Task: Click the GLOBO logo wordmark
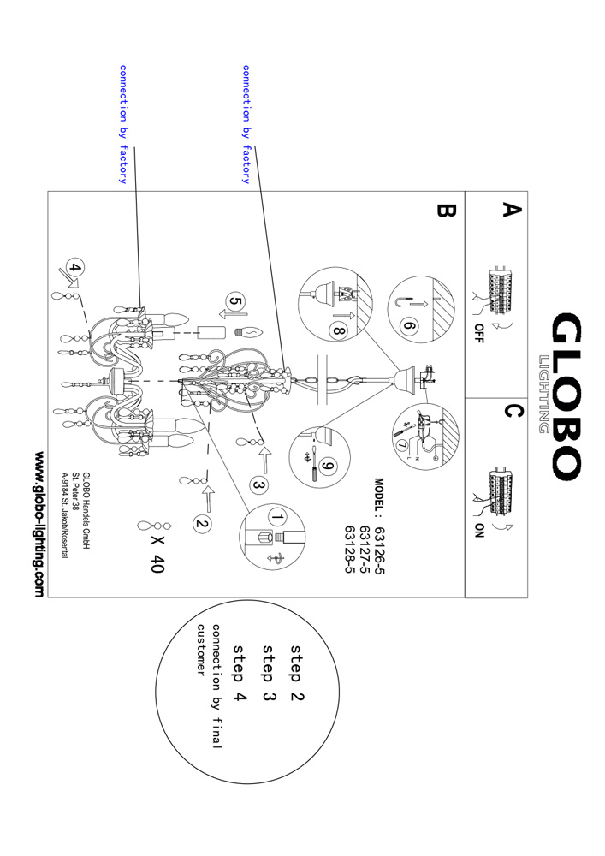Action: [x=565, y=395]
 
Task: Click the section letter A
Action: [x=511, y=211]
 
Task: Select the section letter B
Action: [x=446, y=211]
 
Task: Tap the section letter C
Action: [x=511, y=412]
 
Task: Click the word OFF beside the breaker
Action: [x=477, y=332]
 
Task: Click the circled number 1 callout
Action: [x=275, y=517]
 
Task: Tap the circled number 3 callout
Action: [x=258, y=484]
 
